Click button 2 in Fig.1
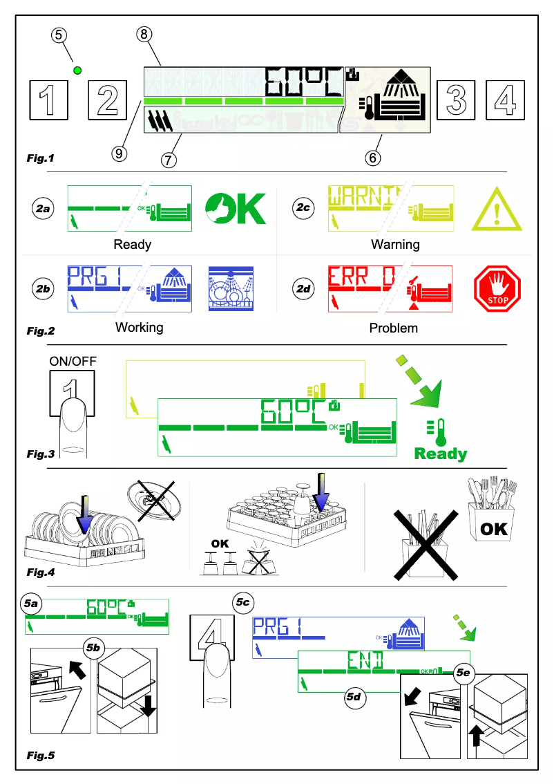click(x=108, y=100)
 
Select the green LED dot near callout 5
click(x=77, y=70)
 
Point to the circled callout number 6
click(x=372, y=158)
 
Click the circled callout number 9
click(x=120, y=153)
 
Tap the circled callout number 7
click(x=168, y=159)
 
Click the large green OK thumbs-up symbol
click(x=235, y=208)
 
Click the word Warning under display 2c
click(x=395, y=244)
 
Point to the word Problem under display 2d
click(x=394, y=328)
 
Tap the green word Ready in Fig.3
click(x=441, y=454)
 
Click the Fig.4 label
click(x=41, y=572)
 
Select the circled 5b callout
click(x=93, y=648)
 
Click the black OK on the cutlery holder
click(x=494, y=529)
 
